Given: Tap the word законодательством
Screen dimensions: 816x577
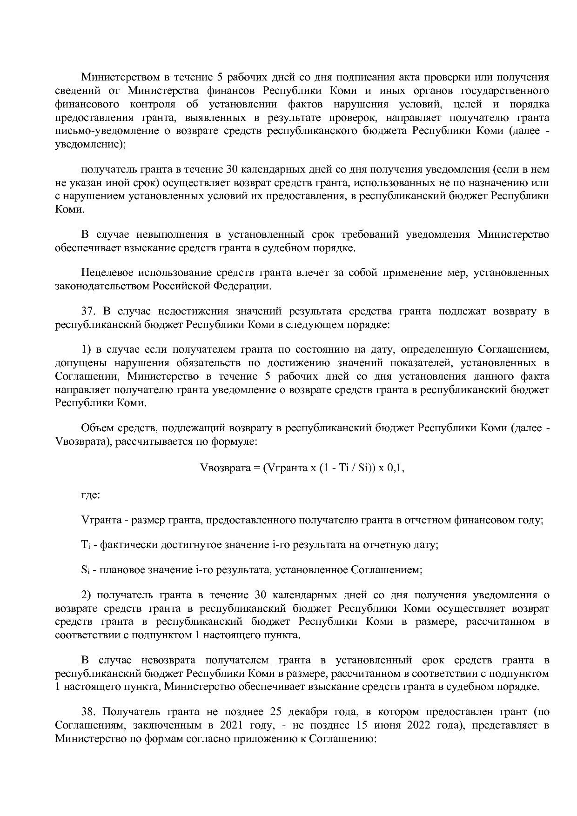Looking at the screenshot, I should (x=103, y=286).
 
